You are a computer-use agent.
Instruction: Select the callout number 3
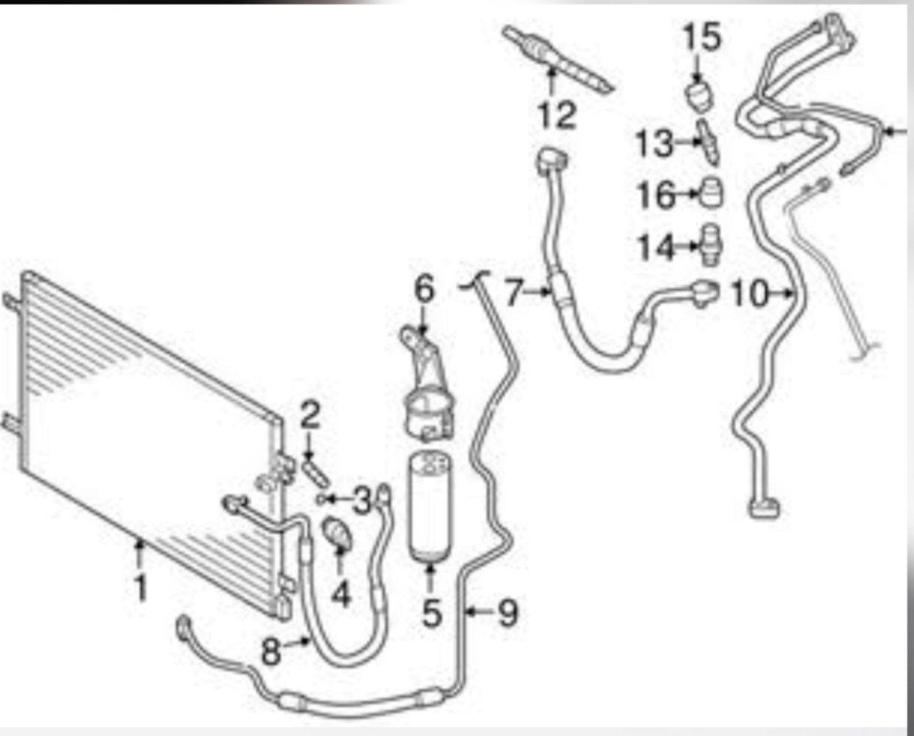click(x=362, y=500)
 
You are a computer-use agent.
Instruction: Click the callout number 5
click(x=432, y=613)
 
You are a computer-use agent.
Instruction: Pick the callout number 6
click(x=424, y=289)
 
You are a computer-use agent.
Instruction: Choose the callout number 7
click(x=513, y=292)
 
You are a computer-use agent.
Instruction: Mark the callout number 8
click(x=271, y=652)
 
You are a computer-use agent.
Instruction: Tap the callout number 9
click(x=508, y=613)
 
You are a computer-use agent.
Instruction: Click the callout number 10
click(x=750, y=293)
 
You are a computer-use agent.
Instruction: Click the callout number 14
click(x=657, y=246)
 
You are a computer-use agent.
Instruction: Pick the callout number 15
click(x=702, y=36)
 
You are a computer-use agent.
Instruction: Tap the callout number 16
click(x=657, y=194)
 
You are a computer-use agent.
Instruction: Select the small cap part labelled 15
click(x=700, y=97)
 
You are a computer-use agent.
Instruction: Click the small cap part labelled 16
click(x=711, y=193)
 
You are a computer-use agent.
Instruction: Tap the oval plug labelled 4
click(x=337, y=534)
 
